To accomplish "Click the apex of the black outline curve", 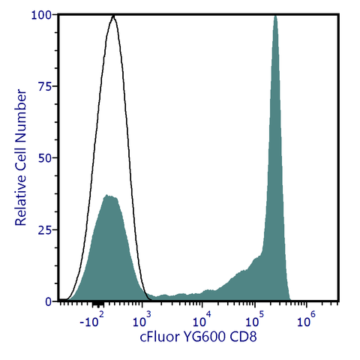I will pyautogui.click(x=113, y=15).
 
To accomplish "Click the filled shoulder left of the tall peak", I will pyautogui.click(x=256, y=259).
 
